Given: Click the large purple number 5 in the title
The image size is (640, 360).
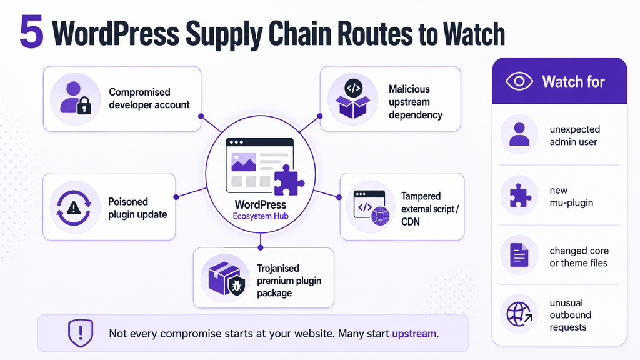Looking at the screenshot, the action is click(x=31, y=32).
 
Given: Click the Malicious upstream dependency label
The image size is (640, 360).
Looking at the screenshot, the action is click(x=415, y=102).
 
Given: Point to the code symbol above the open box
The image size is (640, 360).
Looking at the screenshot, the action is click(x=354, y=87).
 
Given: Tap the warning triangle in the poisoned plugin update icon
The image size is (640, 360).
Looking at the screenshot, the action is click(x=74, y=208).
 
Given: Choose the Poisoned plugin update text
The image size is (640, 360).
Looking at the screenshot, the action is click(x=137, y=208).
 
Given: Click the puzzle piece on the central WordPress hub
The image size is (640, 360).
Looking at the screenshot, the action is click(x=289, y=181).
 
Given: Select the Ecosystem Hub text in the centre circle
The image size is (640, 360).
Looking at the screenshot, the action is click(x=261, y=216).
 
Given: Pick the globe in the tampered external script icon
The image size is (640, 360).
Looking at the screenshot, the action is click(x=381, y=216).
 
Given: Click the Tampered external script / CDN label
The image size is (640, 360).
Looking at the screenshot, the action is click(x=430, y=209).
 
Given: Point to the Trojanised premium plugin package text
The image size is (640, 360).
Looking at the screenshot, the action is click(x=289, y=281).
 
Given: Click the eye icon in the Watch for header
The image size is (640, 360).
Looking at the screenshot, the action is click(x=519, y=81).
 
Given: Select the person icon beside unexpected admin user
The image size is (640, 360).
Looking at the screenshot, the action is click(x=519, y=134).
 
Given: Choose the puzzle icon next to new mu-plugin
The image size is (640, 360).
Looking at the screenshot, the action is click(x=520, y=196).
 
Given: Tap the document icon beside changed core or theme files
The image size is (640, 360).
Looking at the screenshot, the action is click(x=519, y=255).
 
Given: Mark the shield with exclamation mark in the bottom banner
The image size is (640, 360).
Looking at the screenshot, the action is click(x=81, y=333).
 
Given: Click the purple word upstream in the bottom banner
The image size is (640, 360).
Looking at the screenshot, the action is click(x=415, y=334).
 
